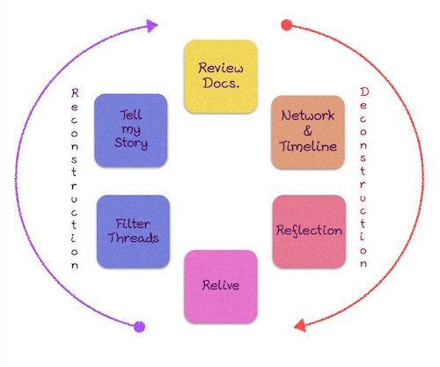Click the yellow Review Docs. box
(x=220, y=76)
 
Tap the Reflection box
(x=309, y=231)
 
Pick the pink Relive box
(x=220, y=287)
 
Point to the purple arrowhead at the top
(x=155, y=26)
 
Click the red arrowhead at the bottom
(x=298, y=327)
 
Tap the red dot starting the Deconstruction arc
(x=285, y=26)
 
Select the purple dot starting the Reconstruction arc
(x=138, y=327)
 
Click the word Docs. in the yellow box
(x=220, y=84)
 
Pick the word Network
(x=309, y=115)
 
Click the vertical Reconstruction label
(x=77, y=176)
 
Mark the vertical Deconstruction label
(x=364, y=176)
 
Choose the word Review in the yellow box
(x=220, y=67)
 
